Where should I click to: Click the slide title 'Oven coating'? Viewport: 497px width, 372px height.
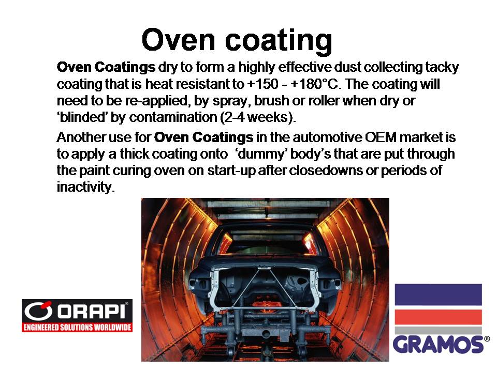click(237, 40)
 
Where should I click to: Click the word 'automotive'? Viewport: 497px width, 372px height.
click(327, 137)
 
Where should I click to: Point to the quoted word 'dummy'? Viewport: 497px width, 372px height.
click(261, 154)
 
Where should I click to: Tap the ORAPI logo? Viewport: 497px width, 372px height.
click(77, 315)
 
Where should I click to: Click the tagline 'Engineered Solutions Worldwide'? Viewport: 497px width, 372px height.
click(77, 327)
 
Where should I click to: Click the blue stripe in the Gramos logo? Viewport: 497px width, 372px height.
click(438, 295)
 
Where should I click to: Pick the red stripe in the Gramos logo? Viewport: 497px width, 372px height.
click(438, 317)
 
